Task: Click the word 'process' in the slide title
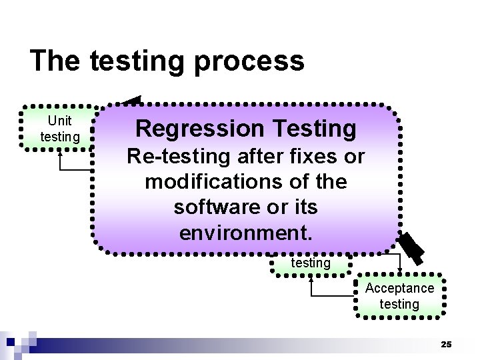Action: pyautogui.click(x=249, y=61)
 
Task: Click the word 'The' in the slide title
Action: pyautogui.click(x=55, y=61)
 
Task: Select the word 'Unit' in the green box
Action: pyautogui.click(x=60, y=121)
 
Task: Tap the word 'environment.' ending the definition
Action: pyautogui.click(x=245, y=233)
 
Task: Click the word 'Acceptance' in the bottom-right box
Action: pyautogui.click(x=399, y=288)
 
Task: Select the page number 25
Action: pyautogui.click(x=446, y=344)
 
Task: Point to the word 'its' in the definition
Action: pyautogui.click(x=304, y=207)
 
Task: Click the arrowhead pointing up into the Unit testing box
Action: pyautogui.click(x=61, y=152)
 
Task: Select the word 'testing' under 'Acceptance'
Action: pyautogui.click(x=399, y=304)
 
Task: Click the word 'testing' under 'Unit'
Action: pyautogui.click(x=60, y=137)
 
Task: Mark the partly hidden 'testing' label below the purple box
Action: pyautogui.click(x=311, y=263)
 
